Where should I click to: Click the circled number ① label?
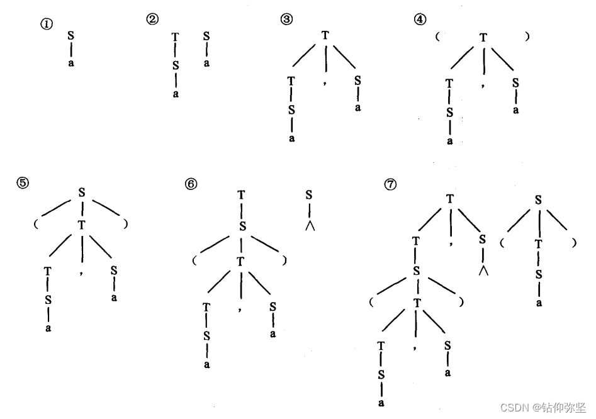click(x=46, y=25)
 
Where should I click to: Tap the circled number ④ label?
click(x=419, y=19)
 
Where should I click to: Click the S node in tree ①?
click(x=70, y=36)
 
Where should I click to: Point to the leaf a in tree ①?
click(x=70, y=64)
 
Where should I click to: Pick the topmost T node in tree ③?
click(x=325, y=35)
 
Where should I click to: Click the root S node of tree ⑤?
click(x=81, y=191)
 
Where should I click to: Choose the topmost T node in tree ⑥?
click(x=241, y=195)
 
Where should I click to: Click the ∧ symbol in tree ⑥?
click(x=309, y=225)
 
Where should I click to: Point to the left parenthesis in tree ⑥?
click(x=195, y=260)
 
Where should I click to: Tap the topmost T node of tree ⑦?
click(x=451, y=199)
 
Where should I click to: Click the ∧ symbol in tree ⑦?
click(x=483, y=271)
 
